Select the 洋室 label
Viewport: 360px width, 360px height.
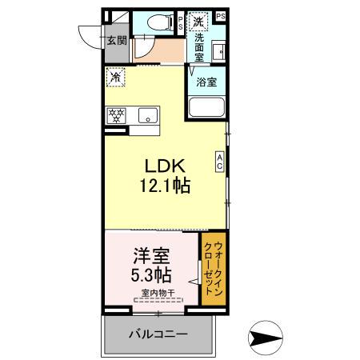(x=150, y=259)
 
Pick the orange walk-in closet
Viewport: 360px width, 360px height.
(x=212, y=269)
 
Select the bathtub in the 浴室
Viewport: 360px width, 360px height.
(x=206, y=108)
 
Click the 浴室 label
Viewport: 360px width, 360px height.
(x=207, y=80)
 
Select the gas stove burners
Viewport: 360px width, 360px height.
(x=117, y=114)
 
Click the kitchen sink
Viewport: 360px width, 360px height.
(x=150, y=115)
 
